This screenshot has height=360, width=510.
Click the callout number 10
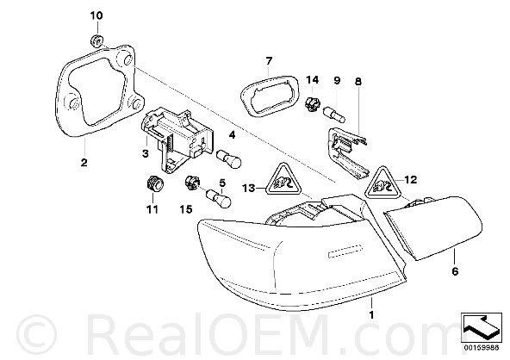(x=96, y=16)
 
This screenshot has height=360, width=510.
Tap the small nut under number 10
(x=96, y=40)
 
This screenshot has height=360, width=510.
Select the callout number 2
(x=84, y=162)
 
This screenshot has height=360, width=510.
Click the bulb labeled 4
(x=229, y=158)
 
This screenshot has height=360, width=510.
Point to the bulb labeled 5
(x=219, y=199)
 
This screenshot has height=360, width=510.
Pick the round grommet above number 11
(x=154, y=184)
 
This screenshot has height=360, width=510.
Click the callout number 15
(x=186, y=210)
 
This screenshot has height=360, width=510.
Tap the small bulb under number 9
(x=334, y=115)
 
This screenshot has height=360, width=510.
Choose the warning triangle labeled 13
(x=283, y=178)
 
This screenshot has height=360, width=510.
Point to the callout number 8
(x=358, y=81)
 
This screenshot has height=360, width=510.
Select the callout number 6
(x=455, y=270)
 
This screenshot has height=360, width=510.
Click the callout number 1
(x=371, y=315)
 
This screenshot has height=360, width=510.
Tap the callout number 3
(x=146, y=153)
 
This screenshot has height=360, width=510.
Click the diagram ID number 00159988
(x=482, y=348)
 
